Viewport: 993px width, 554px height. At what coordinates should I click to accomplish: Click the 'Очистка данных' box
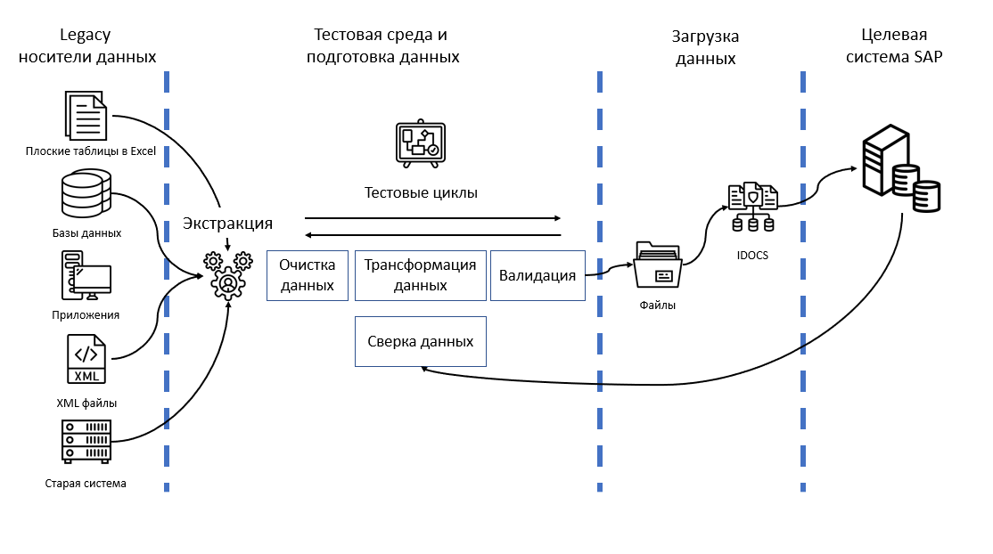307,275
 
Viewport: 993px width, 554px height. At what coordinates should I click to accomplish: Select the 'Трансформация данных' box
420,275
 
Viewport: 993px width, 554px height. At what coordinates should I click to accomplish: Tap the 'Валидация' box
538,275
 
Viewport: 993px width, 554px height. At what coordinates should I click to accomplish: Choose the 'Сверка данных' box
420,341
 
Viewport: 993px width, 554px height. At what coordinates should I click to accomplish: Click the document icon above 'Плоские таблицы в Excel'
86,114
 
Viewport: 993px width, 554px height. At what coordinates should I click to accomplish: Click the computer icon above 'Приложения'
86,274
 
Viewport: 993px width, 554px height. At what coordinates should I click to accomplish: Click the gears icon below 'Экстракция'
228,274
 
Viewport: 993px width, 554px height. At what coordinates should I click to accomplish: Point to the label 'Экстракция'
227,224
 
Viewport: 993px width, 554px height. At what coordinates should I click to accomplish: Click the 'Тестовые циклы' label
421,192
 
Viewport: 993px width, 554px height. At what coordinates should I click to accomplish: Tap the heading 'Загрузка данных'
705,48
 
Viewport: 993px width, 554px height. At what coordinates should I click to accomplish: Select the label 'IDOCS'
752,255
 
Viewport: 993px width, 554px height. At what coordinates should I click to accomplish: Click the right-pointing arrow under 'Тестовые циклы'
432,217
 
